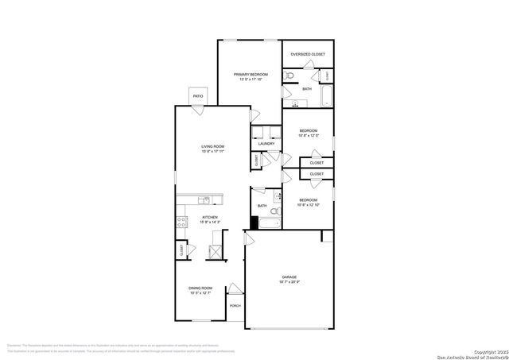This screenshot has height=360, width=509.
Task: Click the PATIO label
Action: click(x=198, y=96)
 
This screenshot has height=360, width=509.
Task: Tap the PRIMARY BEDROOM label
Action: click(x=249, y=74)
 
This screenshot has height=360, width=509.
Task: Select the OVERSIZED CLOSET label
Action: click(x=307, y=55)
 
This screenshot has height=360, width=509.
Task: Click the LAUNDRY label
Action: click(x=266, y=144)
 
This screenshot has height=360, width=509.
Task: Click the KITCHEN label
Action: click(x=210, y=217)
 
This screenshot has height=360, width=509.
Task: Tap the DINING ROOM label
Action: click(x=201, y=288)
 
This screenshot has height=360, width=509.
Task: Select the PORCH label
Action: click(x=235, y=305)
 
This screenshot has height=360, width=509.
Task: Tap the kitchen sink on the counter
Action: click(x=206, y=199)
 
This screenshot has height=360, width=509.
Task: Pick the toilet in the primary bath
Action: click(x=290, y=76)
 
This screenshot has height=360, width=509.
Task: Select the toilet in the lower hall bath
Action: click(x=275, y=213)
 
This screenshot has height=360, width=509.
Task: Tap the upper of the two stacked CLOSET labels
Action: click(x=317, y=162)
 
